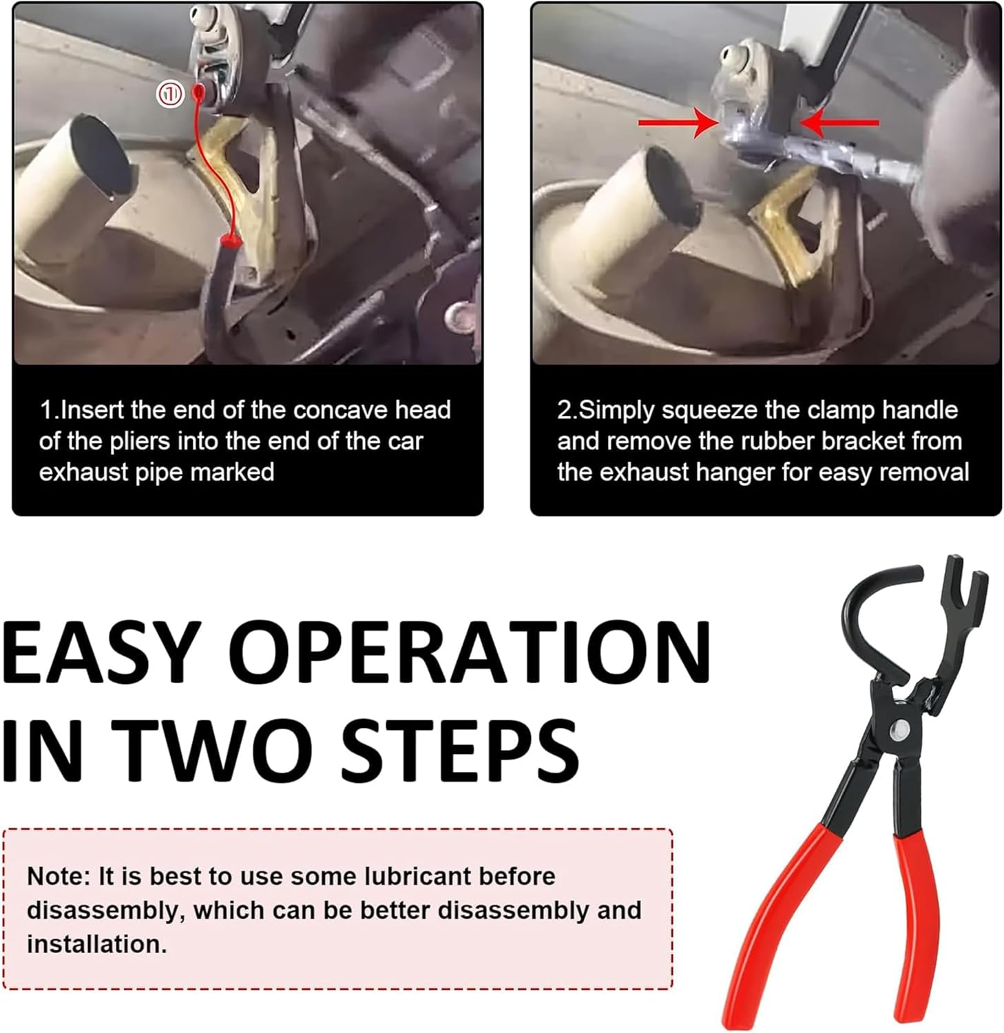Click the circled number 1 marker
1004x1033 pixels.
[x=170, y=94]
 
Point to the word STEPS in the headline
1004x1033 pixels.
[x=459, y=749]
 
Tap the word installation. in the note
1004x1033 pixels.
[x=96, y=944]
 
